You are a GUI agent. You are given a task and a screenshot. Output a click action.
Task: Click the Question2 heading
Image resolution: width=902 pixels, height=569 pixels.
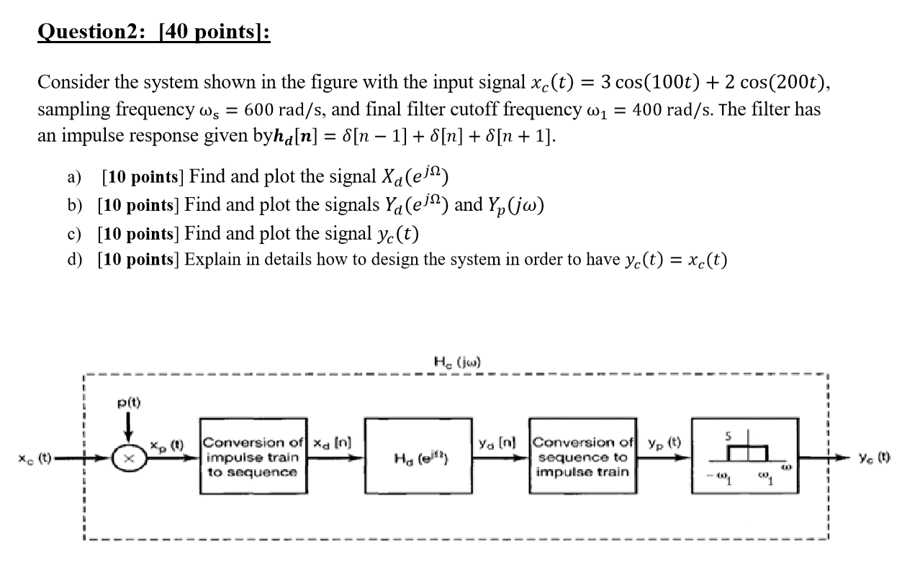(x=153, y=33)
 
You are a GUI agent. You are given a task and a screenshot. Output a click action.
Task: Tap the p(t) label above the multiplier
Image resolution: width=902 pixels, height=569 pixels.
(x=130, y=403)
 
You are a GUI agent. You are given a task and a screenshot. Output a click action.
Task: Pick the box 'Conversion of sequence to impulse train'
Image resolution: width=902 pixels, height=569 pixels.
(x=582, y=458)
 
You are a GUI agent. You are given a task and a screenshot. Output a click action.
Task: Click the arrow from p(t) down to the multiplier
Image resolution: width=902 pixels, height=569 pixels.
(x=130, y=429)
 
